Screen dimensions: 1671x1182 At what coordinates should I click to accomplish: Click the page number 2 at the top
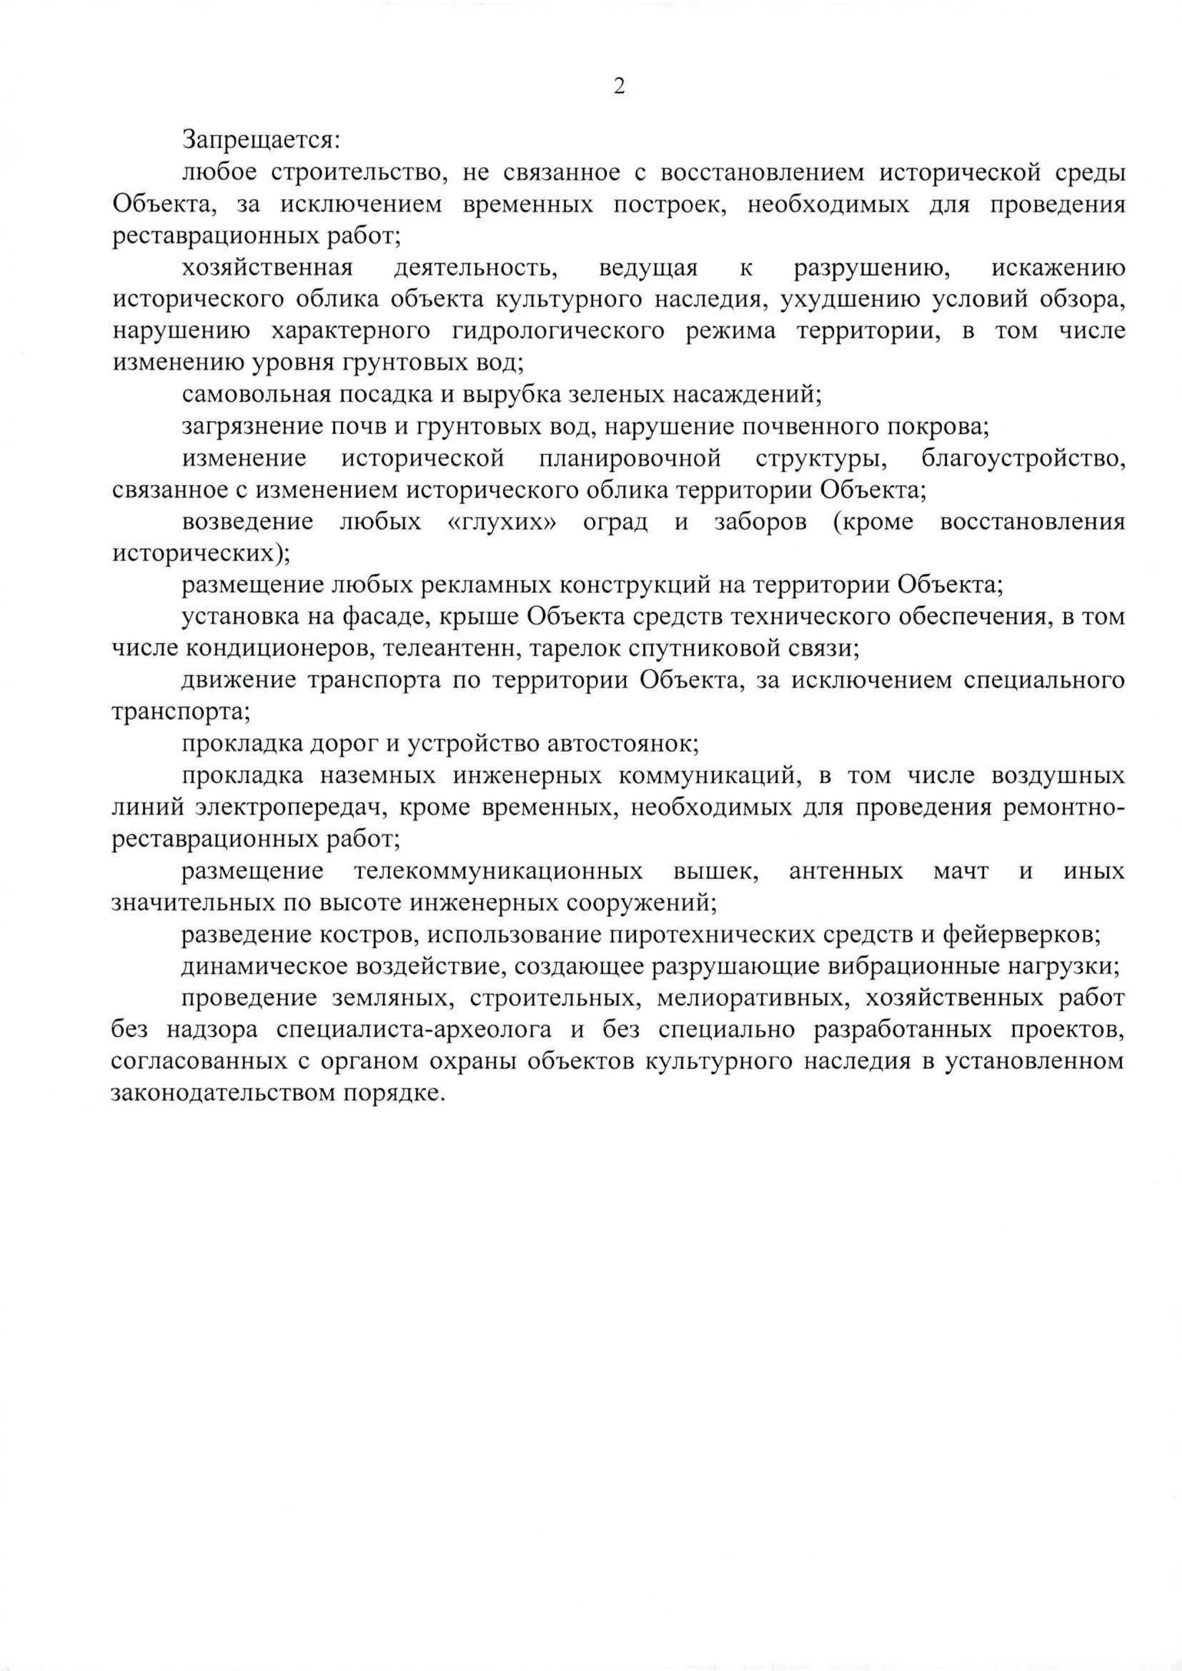[x=619, y=87]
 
